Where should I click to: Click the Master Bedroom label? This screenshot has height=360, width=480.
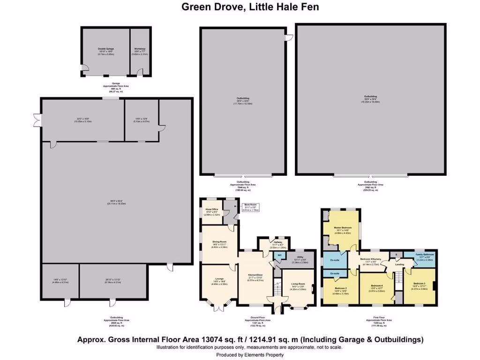pos(343,227)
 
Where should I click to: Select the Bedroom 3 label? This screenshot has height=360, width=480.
pos(420,284)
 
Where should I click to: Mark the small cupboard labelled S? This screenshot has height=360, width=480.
pos(396,255)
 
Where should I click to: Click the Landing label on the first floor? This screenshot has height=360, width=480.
pos(399,265)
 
